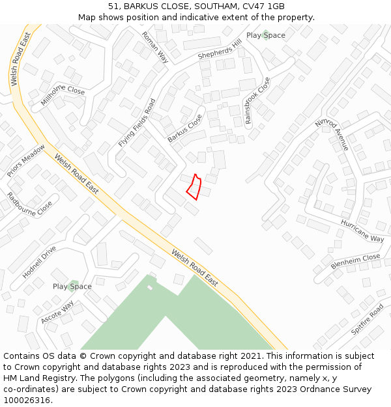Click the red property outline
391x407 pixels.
(x=194, y=187)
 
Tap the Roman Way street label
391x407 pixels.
(x=155, y=48)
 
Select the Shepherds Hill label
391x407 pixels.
(x=220, y=48)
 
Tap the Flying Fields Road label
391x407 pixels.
(x=138, y=123)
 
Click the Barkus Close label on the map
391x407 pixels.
(x=185, y=128)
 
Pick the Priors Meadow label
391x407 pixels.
(x=26, y=161)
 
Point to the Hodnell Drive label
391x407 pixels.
(x=39, y=262)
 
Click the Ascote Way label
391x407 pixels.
(x=57, y=313)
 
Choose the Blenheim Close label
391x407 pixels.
(x=355, y=262)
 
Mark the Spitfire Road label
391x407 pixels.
(x=367, y=320)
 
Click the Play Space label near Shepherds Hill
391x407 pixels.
(x=266, y=35)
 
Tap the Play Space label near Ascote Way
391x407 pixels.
(x=72, y=287)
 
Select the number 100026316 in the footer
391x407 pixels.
(x=27, y=400)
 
